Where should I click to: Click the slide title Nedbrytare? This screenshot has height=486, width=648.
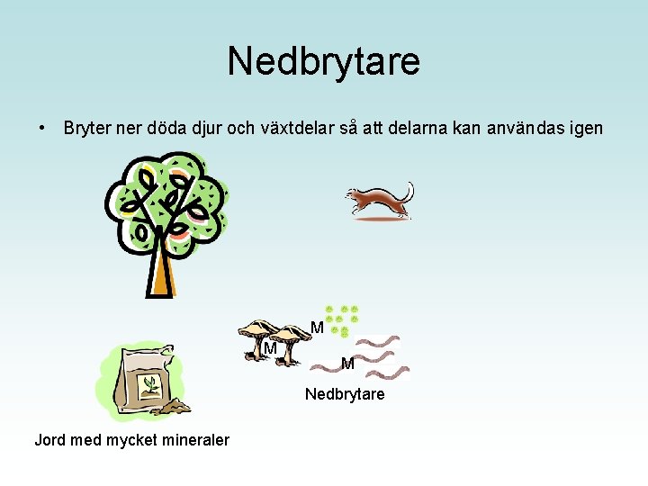tap(323, 61)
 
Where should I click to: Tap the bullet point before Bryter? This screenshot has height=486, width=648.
tap(42, 128)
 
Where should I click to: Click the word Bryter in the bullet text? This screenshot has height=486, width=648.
tap(87, 129)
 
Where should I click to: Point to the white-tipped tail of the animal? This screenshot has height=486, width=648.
tap(409, 190)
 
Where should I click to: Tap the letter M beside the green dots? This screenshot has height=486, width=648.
tap(317, 328)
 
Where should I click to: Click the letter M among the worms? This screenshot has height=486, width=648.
tap(347, 364)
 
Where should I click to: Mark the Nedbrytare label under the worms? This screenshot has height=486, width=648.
tap(345, 394)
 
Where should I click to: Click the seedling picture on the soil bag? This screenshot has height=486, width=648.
tap(150, 386)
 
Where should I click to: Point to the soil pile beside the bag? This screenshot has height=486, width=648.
tap(172, 408)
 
